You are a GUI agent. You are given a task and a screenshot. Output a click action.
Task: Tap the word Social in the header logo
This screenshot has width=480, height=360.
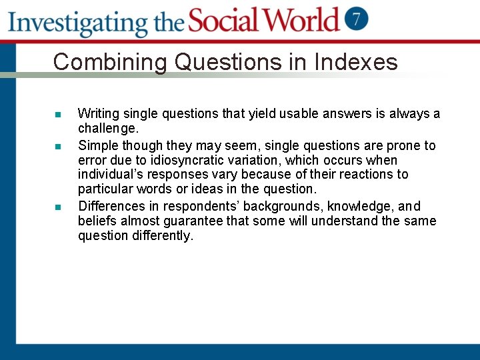tap(226, 20)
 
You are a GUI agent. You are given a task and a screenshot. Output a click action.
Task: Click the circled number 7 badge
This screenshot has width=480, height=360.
tap(357, 18)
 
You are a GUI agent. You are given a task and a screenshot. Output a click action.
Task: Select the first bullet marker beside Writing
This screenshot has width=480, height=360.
tap(58, 114)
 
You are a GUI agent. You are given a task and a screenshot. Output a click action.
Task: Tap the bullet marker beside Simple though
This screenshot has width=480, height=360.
tap(58, 146)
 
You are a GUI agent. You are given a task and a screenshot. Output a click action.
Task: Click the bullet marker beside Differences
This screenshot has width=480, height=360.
tap(58, 207)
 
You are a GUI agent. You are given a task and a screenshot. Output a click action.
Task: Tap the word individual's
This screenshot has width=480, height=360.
tap(109, 175)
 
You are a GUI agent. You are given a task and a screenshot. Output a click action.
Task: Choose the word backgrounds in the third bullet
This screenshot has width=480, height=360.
tap(283, 207)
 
